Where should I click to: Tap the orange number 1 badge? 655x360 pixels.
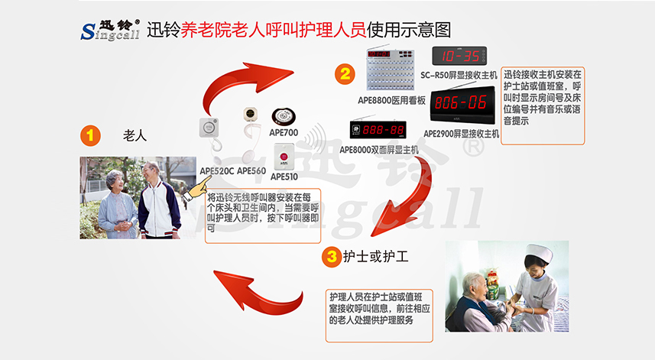[x=90, y=136]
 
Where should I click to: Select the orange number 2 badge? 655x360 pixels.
[x=345, y=73]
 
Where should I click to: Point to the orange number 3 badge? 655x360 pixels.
[x=331, y=257]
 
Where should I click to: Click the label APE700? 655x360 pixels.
[x=284, y=132]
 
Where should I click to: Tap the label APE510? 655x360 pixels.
[x=284, y=176]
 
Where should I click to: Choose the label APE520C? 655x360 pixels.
[x=216, y=170]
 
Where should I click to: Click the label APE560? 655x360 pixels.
[x=251, y=170]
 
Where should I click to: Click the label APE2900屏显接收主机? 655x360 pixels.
[x=465, y=135]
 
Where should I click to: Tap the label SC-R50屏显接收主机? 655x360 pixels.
[x=459, y=75]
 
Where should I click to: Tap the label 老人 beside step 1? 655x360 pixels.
[x=135, y=136]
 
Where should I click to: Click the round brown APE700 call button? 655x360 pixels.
[x=283, y=115]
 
